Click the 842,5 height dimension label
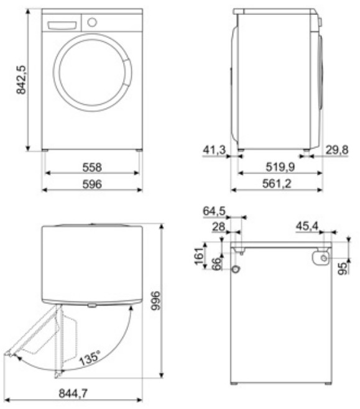21,80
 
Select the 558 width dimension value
92,167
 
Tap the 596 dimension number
92,184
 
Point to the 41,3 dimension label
214,150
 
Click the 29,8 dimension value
337,150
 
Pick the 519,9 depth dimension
280,167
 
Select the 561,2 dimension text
277,183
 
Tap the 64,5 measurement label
214,211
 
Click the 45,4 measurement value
307,226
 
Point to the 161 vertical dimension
199,256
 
